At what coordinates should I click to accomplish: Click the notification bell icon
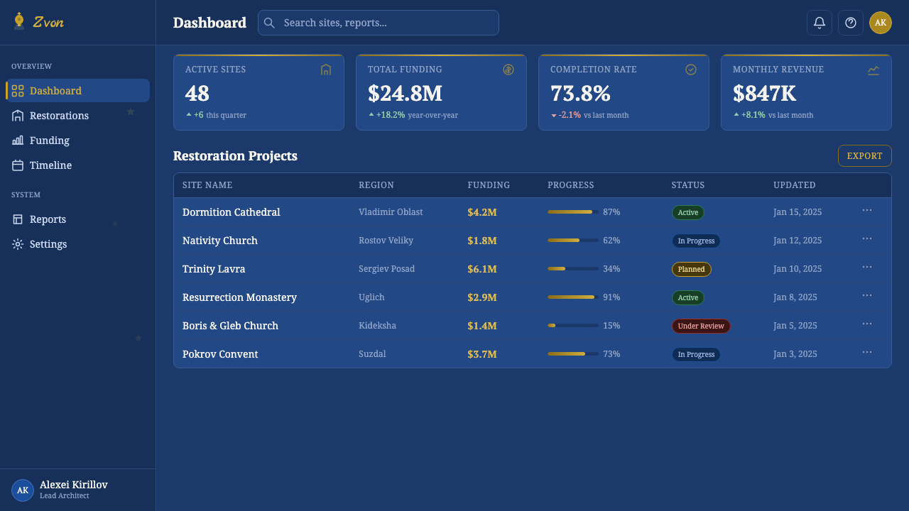click(820, 23)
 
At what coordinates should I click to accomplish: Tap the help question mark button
click(851, 23)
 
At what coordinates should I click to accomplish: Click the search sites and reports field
click(379, 23)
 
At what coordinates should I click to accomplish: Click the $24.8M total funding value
click(405, 93)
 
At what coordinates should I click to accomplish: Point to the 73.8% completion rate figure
click(580, 93)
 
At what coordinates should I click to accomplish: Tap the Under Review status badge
click(701, 326)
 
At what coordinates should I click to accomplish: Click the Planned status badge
click(691, 269)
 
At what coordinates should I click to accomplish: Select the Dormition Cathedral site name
click(232, 212)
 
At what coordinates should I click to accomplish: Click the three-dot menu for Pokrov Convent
click(867, 353)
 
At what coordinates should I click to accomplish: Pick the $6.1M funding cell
click(482, 269)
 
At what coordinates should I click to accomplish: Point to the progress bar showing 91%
click(572, 297)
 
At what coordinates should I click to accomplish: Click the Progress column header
click(570, 185)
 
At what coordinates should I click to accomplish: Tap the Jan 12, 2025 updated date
click(798, 241)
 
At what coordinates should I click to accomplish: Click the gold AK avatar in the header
click(880, 23)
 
